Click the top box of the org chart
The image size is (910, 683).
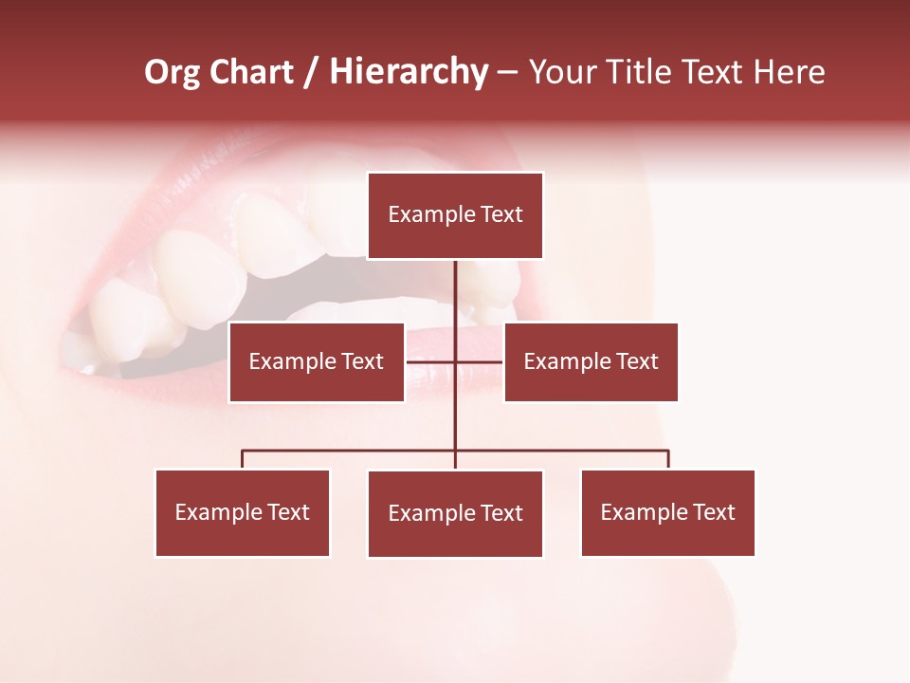coord(455,215)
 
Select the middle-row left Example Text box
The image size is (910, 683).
coord(317,361)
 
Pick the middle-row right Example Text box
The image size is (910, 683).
coord(591,361)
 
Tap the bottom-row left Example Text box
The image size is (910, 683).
coord(243,513)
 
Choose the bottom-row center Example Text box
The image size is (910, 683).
coord(455,514)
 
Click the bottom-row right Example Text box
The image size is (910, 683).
coord(668,513)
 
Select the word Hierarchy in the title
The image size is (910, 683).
coord(409,72)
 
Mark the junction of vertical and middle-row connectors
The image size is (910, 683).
coord(455,361)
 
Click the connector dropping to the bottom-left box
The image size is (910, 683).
coord(243,459)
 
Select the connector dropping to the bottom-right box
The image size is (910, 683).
coord(668,459)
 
